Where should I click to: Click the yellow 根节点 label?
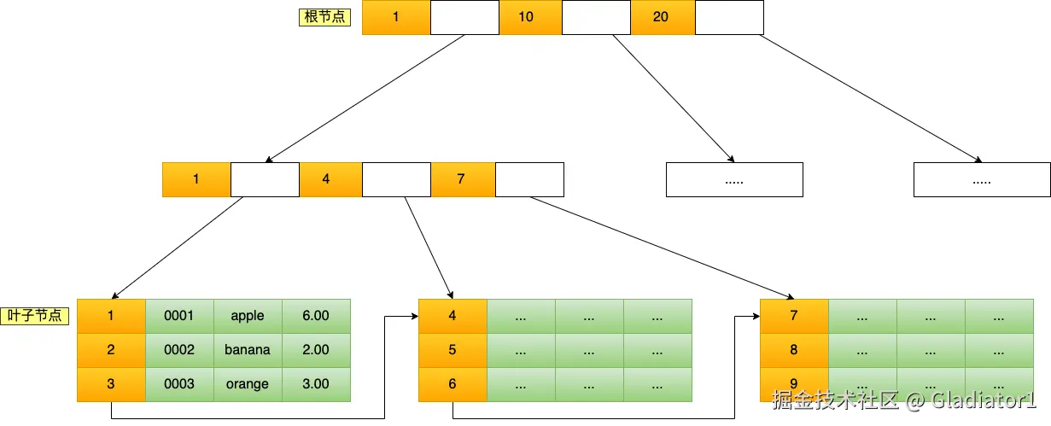(324, 17)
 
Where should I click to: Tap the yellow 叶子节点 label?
(35, 315)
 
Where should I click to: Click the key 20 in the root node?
(662, 17)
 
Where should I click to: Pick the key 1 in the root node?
(396, 17)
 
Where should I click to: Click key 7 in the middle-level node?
(463, 179)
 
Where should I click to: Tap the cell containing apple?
(248, 316)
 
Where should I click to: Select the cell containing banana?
(248, 350)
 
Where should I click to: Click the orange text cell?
(248, 384)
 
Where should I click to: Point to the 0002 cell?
(179, 350)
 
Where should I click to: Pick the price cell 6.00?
(316, 316)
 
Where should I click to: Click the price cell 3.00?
(316, 384)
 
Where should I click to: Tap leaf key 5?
(453, 350)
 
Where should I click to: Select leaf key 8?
(794, 350)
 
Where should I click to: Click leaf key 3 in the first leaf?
(111, 384)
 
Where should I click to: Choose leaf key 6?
(453, 384)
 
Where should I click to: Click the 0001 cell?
(179, 316)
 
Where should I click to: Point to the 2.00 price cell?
(316, 350)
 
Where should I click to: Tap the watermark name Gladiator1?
(981, 400)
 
